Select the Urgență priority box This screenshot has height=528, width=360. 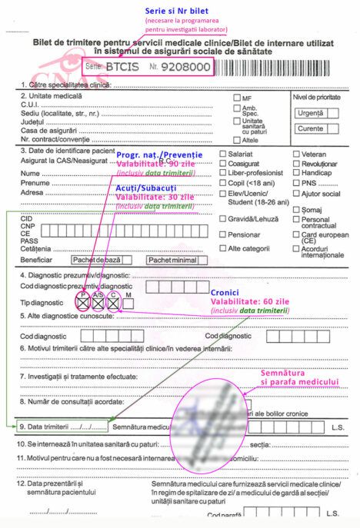point(310,113)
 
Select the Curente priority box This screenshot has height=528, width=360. point(310,128)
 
